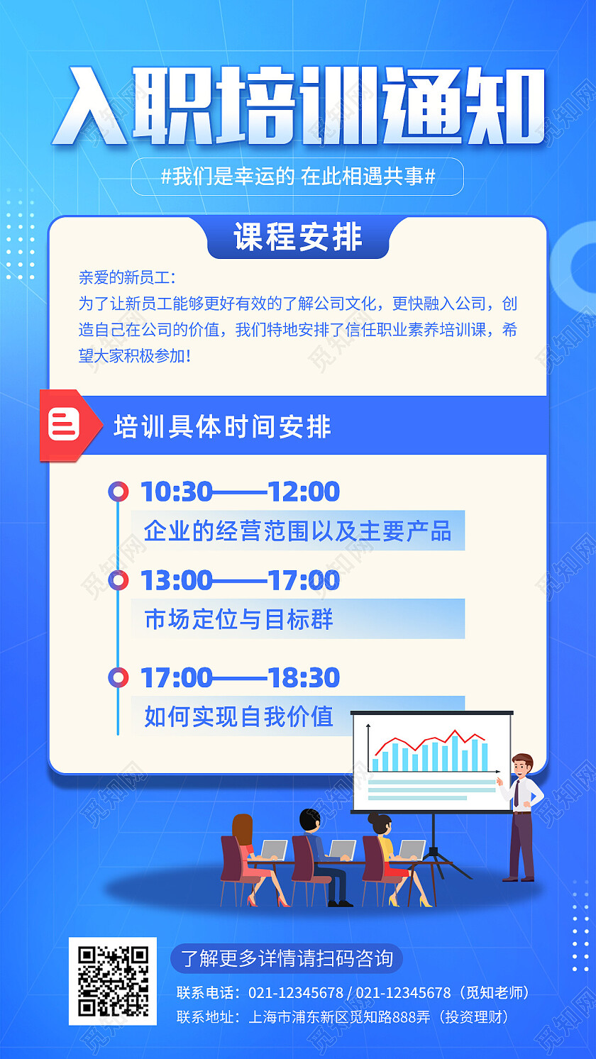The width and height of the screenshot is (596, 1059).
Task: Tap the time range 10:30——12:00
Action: tap(240, 492)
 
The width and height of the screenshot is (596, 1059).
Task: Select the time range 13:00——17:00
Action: tap(240, 581)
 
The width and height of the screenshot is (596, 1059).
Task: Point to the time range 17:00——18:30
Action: tap(240, 678)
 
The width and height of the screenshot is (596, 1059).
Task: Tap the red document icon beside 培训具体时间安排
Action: tap(64, 425)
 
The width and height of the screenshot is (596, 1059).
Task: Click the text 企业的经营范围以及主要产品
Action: tap(297, 531)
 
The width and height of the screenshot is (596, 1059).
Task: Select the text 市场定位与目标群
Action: tap(238, 619)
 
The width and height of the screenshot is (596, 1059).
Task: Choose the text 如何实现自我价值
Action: tap(238, 716)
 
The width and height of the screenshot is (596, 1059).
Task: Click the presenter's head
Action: tap(522, 766)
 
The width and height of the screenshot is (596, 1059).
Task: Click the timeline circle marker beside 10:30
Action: tap(118, 492)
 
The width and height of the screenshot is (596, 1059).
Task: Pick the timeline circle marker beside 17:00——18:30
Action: tap(118, 677)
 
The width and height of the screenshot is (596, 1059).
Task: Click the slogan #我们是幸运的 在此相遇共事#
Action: tap(297, 177)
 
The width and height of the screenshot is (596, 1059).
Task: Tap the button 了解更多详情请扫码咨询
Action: tap(287, 959)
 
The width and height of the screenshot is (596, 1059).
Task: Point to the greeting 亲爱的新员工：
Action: tap(127, 277)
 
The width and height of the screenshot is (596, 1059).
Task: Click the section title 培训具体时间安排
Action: tap(222, 427)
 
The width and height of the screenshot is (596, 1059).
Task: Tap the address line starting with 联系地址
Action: tap(343, 1017)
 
